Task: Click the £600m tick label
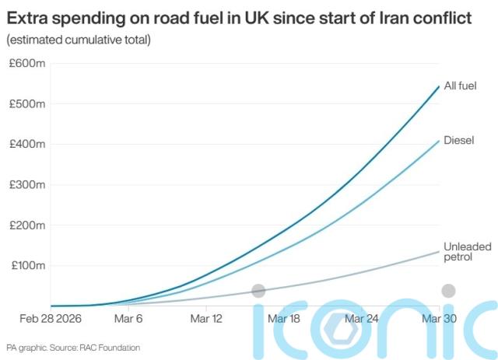click(x=29, y=63)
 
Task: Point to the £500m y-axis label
click(x=29, y=103)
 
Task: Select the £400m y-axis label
click(x=29, y=144)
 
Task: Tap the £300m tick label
click(x=29, y=185)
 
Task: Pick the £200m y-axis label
click(x=29, y=225)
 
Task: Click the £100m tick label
click(x=29, y=266)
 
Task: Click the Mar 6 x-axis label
click(x=128, y=319)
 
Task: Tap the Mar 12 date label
click(x=205, y=319)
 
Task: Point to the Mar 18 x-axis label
click(x=283, y=319)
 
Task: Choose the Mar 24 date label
click(x=362, y=319)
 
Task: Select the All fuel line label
click(x=460, y=86)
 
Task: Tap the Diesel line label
click(x=459, y=141)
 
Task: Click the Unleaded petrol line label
click(x=467, y=252)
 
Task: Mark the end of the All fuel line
click(x=440, y=86)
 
